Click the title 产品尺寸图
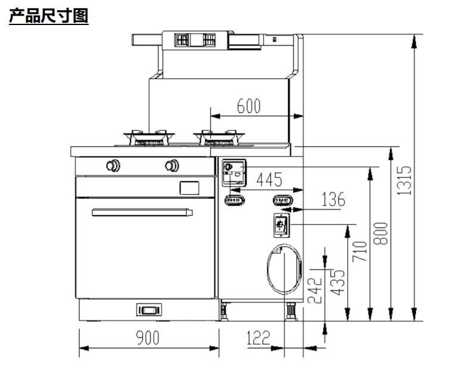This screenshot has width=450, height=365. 49,16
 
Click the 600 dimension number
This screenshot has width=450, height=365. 248,107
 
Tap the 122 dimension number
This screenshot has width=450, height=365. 258,338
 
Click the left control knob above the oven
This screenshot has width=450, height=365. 112,165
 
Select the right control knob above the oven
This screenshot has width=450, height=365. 172,165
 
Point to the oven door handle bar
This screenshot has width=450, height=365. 142,211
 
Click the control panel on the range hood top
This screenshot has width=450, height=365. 193,40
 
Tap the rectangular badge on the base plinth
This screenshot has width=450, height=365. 148,310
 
